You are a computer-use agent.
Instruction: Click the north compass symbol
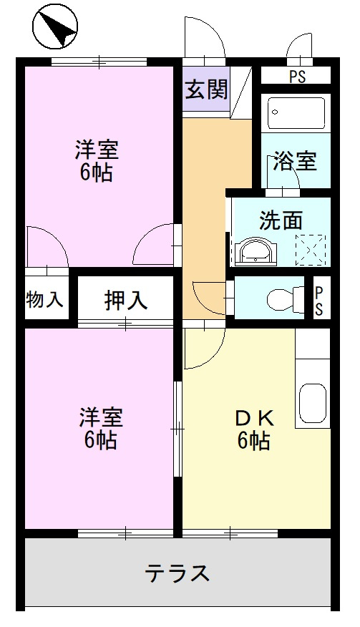click(55, 28)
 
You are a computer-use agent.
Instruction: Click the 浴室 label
click(294, 161)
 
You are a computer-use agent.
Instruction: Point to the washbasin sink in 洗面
click(256, 251)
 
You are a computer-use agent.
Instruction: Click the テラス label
click(178, 573)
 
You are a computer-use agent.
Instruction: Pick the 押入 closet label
click(126, 299)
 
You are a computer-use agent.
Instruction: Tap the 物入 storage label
click(44, 299)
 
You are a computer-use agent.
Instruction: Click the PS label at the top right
click(297, 77)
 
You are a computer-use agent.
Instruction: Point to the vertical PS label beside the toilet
click(319, 300)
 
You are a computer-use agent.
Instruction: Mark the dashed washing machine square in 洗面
click(311, 251)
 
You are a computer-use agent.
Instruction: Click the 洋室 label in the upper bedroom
click(97, 150)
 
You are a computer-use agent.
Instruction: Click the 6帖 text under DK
click(253, 441)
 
